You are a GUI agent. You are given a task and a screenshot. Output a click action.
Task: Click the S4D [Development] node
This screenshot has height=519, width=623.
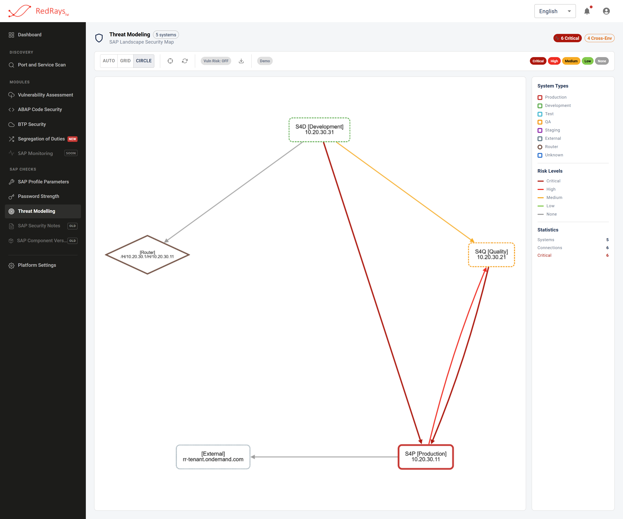click(319, 130)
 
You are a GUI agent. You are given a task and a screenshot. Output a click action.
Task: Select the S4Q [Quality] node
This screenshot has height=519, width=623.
click(491, 254)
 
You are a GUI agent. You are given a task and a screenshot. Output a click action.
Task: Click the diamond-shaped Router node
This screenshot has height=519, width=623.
click(147, 254)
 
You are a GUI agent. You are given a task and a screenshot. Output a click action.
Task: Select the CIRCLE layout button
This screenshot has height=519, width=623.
click(144, 61)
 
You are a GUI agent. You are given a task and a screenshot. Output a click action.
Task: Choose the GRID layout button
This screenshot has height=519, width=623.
click(125, 61)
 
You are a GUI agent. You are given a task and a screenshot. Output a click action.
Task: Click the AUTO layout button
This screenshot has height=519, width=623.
click(109, 61)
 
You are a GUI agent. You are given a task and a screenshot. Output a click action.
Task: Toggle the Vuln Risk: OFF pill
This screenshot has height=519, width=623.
click(216, 61)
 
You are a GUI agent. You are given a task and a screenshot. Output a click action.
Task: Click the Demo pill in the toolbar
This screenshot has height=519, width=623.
click(265, 61)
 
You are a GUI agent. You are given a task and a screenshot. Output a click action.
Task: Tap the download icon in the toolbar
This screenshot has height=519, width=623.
click(241, 61)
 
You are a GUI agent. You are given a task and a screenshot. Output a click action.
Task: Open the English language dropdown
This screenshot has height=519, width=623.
click(555, 11)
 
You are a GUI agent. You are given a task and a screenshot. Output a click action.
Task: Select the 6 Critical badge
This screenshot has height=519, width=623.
click(567, 38)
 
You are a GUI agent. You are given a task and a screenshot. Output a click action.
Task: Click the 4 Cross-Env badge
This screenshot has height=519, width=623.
click(599, 38)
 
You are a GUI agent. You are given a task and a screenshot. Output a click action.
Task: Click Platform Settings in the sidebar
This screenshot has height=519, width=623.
click(37, 265)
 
